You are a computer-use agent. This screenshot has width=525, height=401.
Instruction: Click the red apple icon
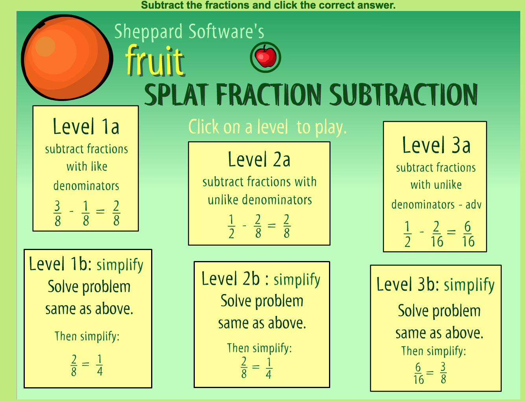pyautogui.click(x=266, y=57)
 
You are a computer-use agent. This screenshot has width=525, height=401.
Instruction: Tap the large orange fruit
pyautogui.click(x=67, y=57)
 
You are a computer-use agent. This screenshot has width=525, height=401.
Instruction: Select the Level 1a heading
pyautogui.click(x=86, y=127)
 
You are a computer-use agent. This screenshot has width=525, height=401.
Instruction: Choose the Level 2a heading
pyautogui.click(x=259, y=159)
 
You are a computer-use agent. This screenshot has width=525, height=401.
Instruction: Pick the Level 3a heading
pyautogui.click(x=436, y=145)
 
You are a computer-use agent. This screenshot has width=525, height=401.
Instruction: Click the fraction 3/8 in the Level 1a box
pyautogui.click(x=57, y=213)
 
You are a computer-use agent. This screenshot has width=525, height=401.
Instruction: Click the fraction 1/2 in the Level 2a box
pyautogui.click(x=231, y=226)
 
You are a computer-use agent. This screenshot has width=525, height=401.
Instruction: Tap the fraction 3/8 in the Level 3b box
pyautogui.click(x=443, y=373)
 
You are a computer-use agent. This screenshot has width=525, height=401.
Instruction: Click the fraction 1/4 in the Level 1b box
pyautogui.click(x=100, y=365)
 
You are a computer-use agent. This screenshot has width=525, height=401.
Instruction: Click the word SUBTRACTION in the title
pyautogui.click(x=403, y=94)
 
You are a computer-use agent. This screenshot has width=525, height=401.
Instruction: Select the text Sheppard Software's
pyautogui.click(x=189, y=31)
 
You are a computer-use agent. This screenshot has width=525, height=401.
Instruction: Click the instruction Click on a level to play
pyautogui.click(x=267, y=127)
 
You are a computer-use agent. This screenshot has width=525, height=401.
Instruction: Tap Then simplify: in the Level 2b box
pyautogui.click(x=259, y=348)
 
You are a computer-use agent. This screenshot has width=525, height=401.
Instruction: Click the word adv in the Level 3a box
pyautogui.click(x=473, y=205)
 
